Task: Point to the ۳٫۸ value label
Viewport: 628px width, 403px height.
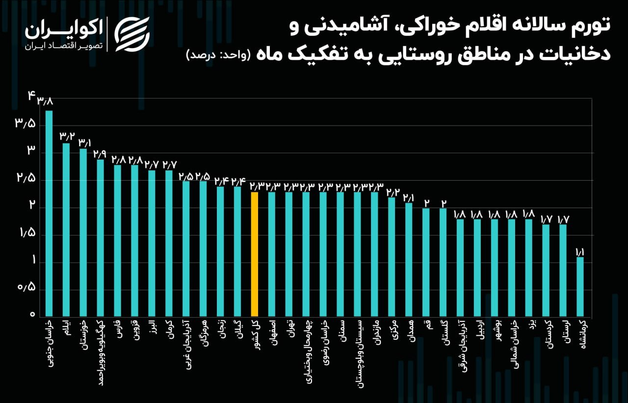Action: pos(45,102)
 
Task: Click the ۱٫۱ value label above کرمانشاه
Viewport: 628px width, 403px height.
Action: pos(580,252)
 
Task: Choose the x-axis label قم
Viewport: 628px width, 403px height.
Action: pos(426,326)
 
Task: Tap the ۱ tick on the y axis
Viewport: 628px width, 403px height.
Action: pos(33,261)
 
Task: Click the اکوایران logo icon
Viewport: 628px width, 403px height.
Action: pos(132,34)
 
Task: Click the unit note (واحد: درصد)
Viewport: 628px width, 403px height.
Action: pos(218,54)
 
